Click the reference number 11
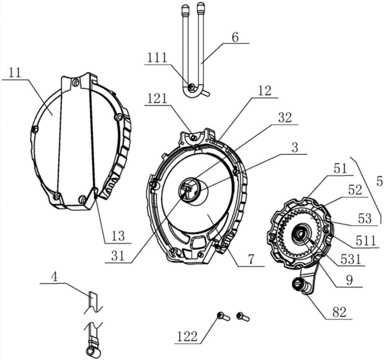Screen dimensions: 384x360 (16, 73)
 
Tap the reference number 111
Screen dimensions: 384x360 (157, 58)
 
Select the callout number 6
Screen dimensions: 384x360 (235, 37)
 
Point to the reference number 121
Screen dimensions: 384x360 (157, 99)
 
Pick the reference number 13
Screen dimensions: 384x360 (118, 236)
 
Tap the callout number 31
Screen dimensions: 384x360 (118, 256)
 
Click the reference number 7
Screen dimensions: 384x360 (251, 259)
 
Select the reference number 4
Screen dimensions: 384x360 (55, 277)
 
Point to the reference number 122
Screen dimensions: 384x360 (187, 337)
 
